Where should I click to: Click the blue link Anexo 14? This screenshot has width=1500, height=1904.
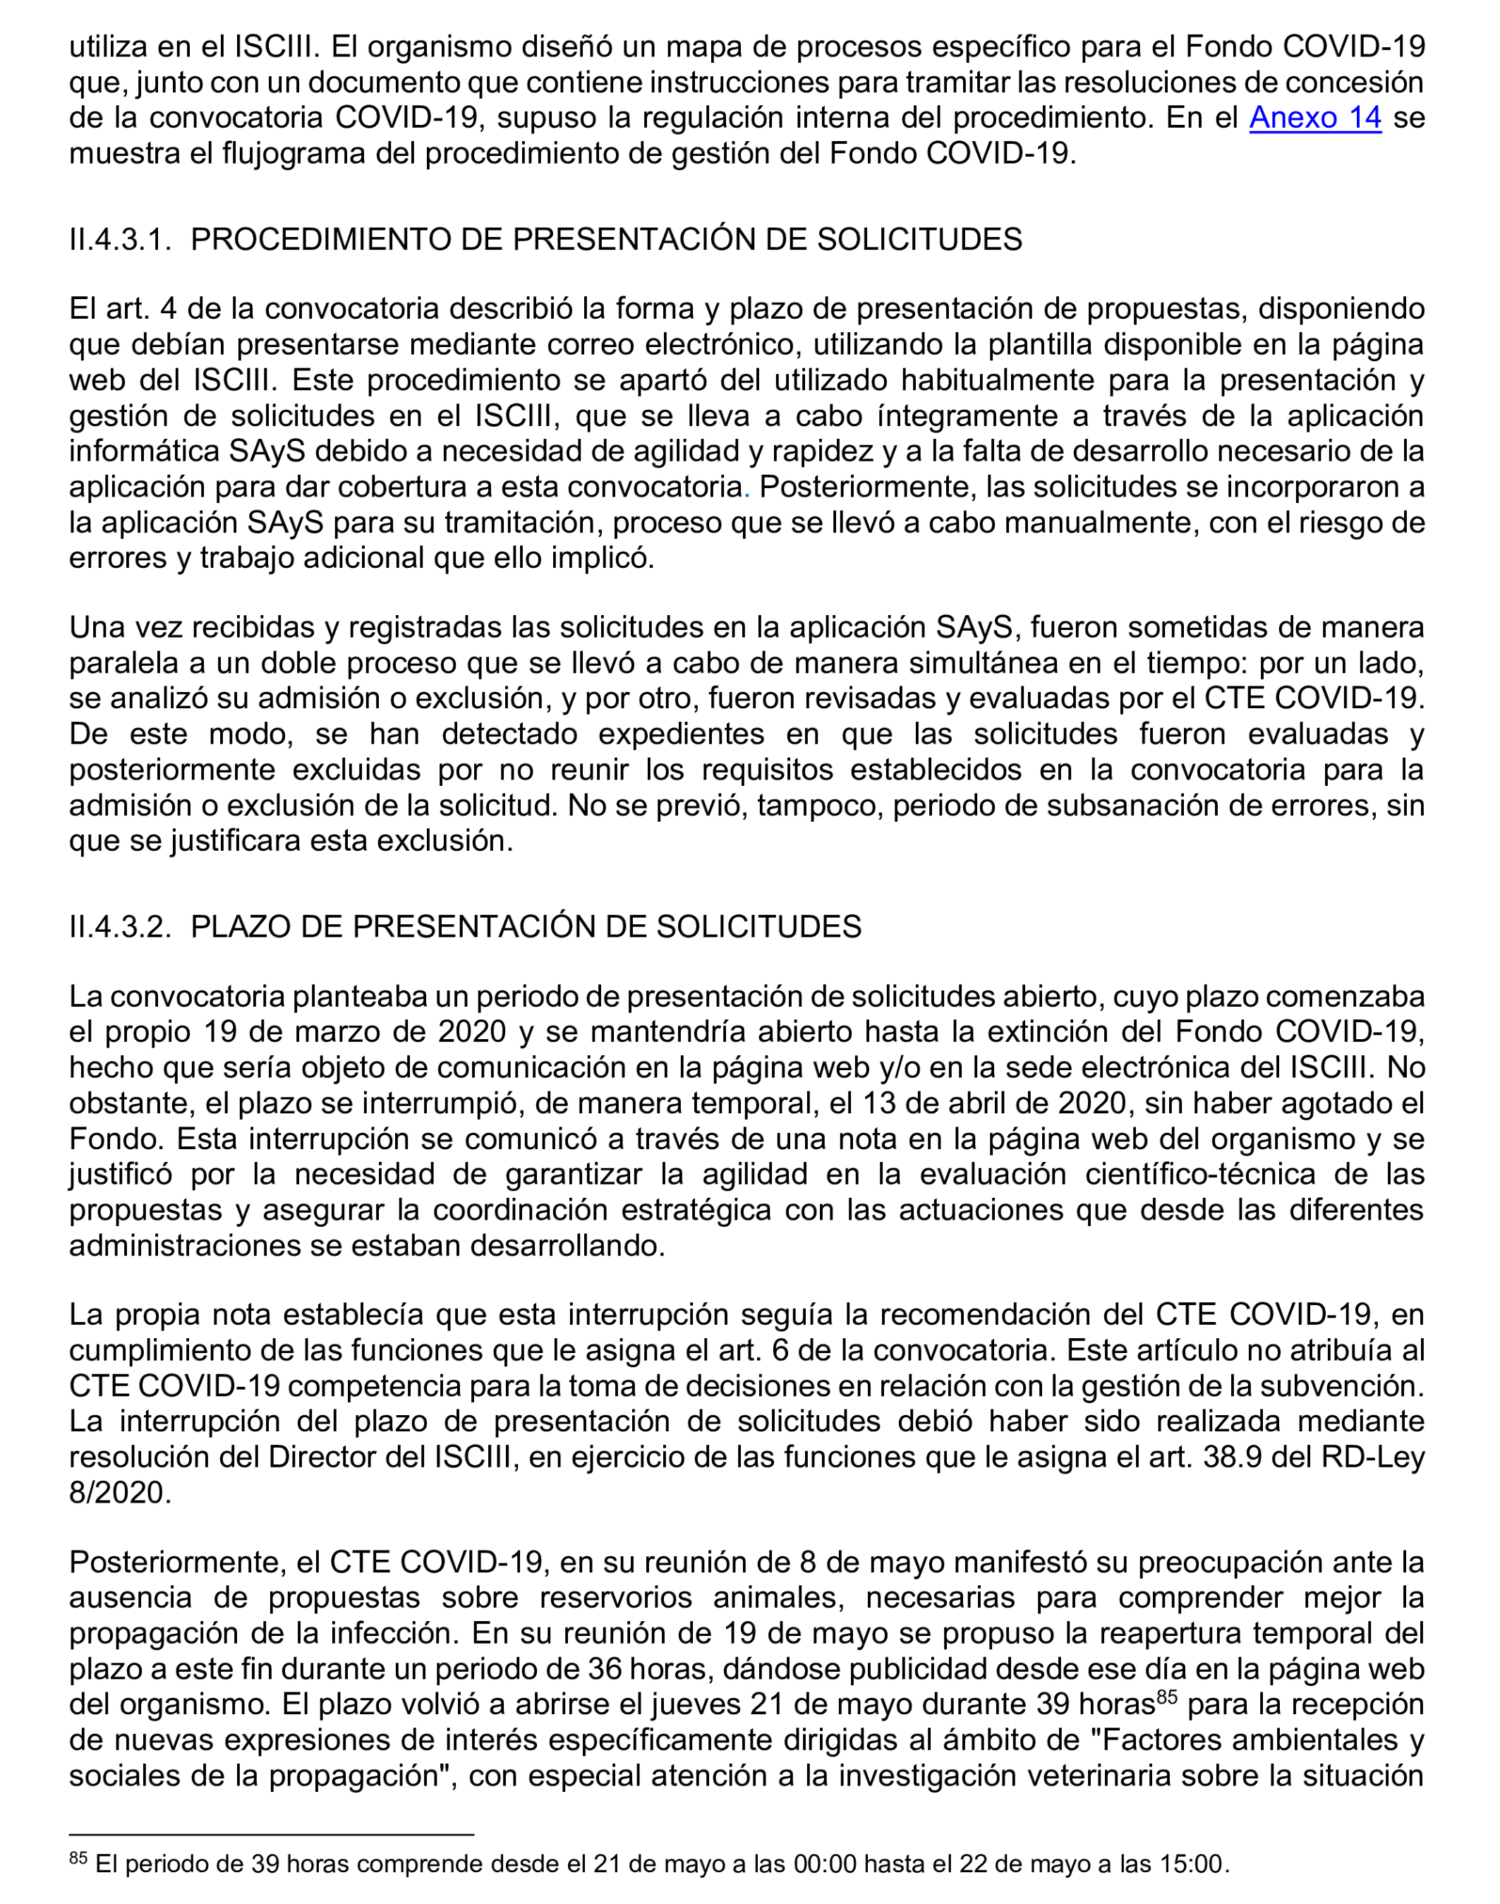pyautogui.click(x=1314, y=118)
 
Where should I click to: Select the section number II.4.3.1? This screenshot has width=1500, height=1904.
pyautogui.click(x=119, y=239)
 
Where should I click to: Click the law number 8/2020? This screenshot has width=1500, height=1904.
pyautogui.click(x=119, y=1493)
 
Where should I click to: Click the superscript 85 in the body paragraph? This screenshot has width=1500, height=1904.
pyautogui.click(x=1166, y=1697)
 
